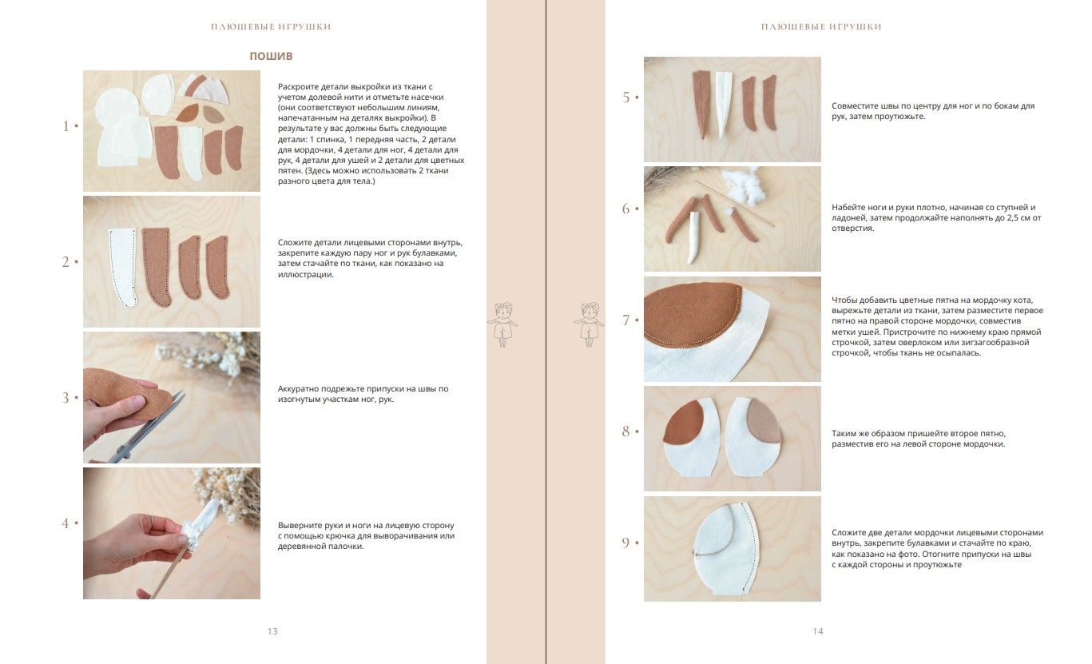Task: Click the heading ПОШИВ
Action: (271, 56)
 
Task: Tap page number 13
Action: (272, 631)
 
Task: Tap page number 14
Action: (818, 631)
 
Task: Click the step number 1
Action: (66, 126)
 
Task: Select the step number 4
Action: (66, 523)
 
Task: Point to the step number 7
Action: (626, 320)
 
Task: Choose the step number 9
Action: (626, 543)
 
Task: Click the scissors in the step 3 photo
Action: (146, 429)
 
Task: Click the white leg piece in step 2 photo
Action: (122, 266)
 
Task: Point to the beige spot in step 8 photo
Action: (764, 420)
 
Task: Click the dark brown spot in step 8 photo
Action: (684, 423)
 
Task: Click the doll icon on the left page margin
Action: (502, 324)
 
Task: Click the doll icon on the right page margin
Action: (589, 324)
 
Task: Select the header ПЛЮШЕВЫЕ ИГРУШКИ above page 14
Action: (821, 27)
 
